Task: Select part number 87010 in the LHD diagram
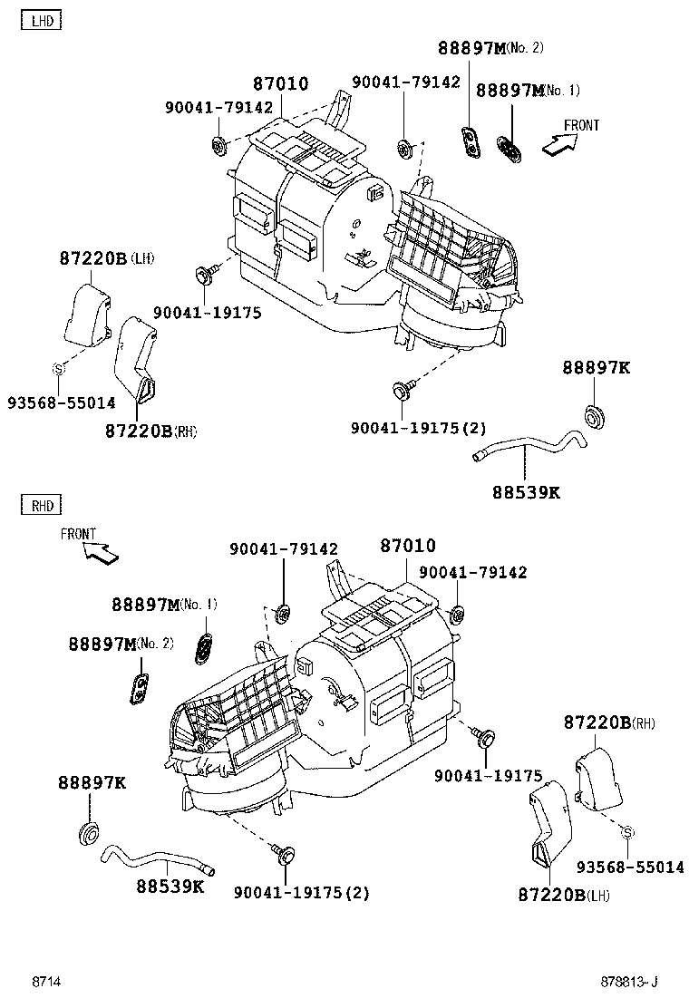(280, 84)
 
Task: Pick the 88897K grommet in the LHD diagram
(596, 416)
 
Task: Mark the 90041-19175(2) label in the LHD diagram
(419, 428)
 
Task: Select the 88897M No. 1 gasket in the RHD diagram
(205, 645)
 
